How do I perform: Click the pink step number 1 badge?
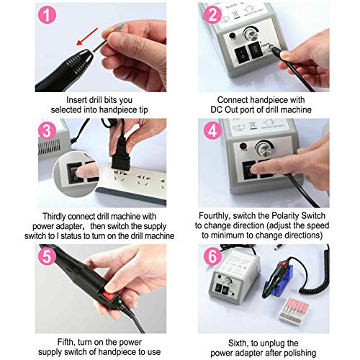click(47, 14)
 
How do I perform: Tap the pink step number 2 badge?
click(212, 14)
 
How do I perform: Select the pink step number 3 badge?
click(47, 130)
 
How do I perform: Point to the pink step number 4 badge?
click(212, 130)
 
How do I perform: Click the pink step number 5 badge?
click(47, 256)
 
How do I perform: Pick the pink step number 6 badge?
click(212, 256)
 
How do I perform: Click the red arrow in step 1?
click(87, 37)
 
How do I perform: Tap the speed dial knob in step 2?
click(251, 35)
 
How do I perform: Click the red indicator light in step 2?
click(233, 36)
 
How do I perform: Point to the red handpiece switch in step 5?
click(109, 296)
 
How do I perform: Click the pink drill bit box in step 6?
click(294, 310)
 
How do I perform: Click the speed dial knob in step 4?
click(264, 148)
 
